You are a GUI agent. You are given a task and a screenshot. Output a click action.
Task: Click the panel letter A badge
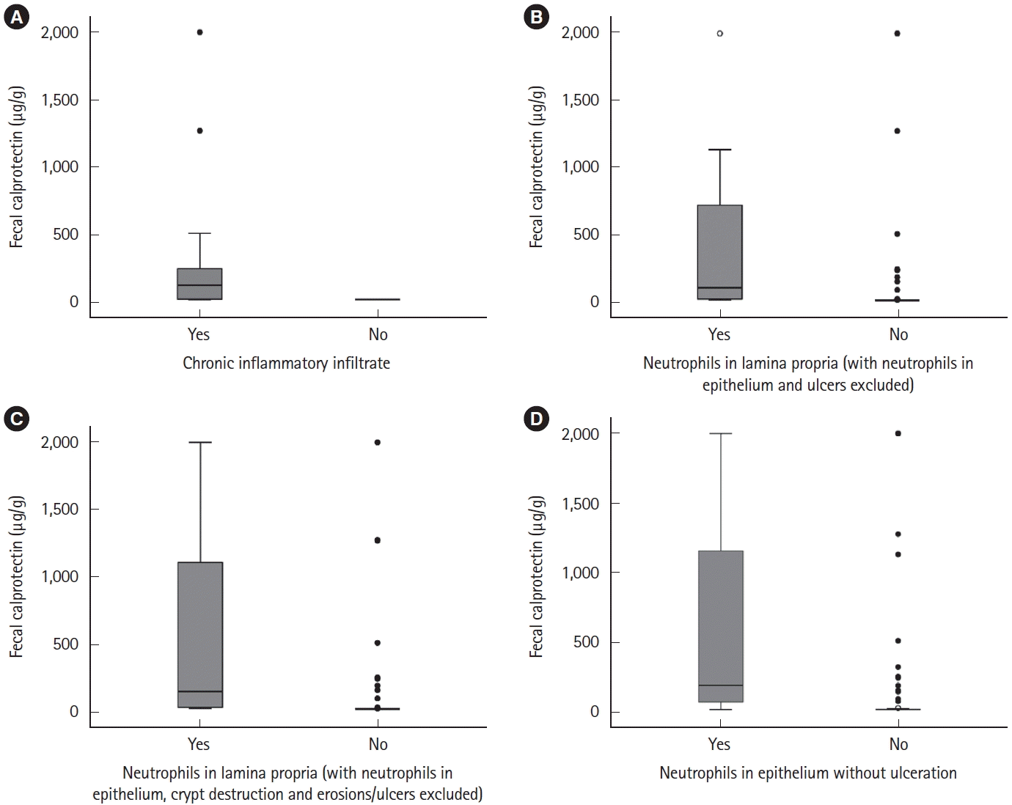(x=16, y=18)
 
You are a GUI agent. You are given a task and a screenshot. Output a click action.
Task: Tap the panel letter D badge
(x=538, y=419)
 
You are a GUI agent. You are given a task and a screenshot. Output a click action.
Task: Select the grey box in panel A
(x=199, y=284)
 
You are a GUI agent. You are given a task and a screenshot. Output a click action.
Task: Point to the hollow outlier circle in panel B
(x=720, y=33)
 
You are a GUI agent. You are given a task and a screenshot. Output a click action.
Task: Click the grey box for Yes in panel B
(x=720, y=252)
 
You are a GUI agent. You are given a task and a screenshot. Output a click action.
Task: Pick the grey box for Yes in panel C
(x=199, y=635)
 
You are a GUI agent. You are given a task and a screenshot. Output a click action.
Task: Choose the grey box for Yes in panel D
(x=721, y=626)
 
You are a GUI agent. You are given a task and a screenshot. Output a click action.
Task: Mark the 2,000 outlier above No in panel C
(x=378, y=442)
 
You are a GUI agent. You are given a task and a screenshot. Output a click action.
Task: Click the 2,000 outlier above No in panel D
(x=898, y=433)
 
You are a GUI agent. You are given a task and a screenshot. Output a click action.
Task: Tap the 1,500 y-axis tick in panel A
(x=59, y=100)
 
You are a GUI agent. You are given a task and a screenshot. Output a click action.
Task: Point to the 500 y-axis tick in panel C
(x=65, y=644)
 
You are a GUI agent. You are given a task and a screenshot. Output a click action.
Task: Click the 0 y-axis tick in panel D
(x=594, y=712)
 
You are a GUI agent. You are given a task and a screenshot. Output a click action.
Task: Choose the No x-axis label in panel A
(x=378, y=335)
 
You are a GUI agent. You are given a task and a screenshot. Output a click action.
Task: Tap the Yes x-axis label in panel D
(x=719, y=745)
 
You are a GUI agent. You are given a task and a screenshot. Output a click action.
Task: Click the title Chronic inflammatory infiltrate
(x=286, y=363)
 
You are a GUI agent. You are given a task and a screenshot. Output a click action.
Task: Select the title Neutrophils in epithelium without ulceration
(x=807, y=773)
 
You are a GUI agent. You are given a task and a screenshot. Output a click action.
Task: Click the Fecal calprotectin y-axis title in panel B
(x=537, y=167)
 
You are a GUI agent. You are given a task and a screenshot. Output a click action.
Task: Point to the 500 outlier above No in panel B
(x=898, y=234)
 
